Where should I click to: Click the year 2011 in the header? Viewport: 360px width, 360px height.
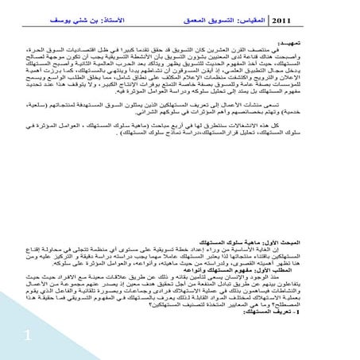[288, 19]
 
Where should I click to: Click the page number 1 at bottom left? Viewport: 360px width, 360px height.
[26, 338]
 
